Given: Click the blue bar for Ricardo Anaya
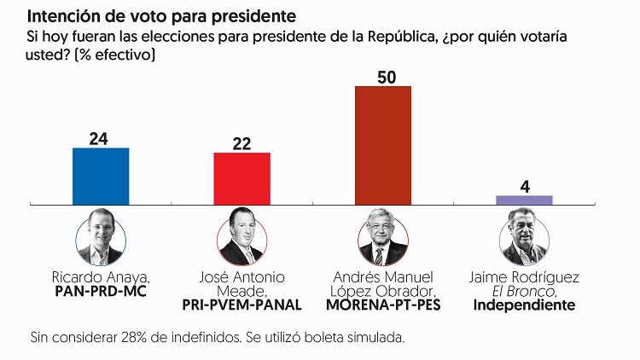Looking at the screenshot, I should click(x=101, y=176).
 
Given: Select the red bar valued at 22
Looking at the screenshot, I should click(x=241, y=178).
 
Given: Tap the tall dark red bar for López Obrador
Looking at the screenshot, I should click(x=383, y=145).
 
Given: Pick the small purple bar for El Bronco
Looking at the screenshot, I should click(x=524, y=200).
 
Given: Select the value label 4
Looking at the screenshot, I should click(x=525, y=185).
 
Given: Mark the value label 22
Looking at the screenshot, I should click(x=241, y=142).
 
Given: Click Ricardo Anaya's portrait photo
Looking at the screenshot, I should click(x=101, y=237).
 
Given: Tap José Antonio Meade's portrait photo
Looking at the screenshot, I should click(x=241, y=237).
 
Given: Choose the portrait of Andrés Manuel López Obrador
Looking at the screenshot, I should click(x=383, y=237).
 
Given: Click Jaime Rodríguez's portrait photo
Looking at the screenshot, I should click(x=524, y=237).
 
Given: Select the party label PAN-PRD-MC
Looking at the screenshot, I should click(x=101, y=291).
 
